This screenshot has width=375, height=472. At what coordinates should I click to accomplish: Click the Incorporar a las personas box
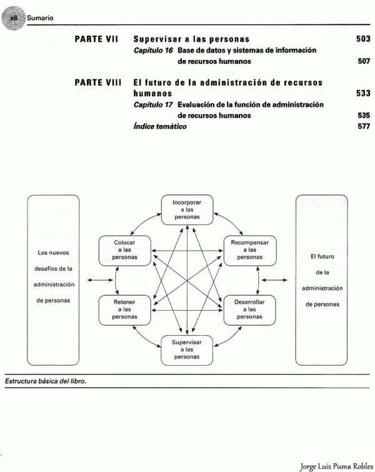(x=187, y=209)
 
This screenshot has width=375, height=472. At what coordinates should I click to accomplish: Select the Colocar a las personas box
(x=125, y=249)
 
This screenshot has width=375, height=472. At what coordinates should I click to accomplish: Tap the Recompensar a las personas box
(x=250, y=249)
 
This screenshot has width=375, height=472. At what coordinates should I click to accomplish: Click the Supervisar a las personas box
(x=187, y=350)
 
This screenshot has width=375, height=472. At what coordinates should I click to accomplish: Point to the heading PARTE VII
(x=97, y=39)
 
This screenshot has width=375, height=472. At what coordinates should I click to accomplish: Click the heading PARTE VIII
(x=97, y=83)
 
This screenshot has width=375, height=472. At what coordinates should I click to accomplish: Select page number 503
(x=363, y=39)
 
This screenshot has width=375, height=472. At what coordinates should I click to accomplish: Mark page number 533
(x=363, y=94)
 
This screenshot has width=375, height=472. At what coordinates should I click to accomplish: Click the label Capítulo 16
(x=153, y=50)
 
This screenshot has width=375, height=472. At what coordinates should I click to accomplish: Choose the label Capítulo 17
(x=153, y=104)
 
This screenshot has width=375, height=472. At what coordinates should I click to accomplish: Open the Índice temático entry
(x=160, y=126)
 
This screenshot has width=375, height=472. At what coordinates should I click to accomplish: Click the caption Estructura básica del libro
(x=45, y=381)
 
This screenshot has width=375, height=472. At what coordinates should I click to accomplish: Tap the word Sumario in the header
(x=39, y=18)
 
